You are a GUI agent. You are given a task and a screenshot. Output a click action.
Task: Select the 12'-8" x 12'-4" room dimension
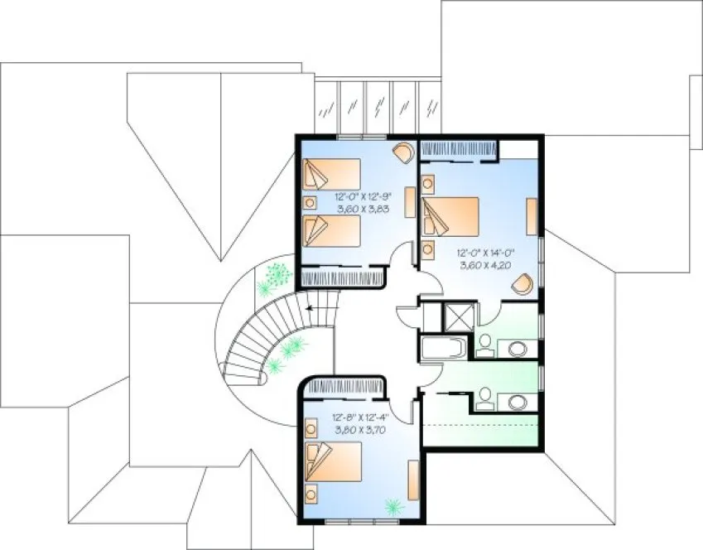tap(363, 419)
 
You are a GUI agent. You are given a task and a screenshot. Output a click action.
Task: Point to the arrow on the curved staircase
tap(310, 307)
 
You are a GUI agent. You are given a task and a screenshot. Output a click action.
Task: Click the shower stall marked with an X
tap(456, 317)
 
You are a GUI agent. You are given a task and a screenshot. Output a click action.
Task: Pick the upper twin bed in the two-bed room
tap(331, 175)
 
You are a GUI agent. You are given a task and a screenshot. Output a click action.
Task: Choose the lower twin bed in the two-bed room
tap(331, 231)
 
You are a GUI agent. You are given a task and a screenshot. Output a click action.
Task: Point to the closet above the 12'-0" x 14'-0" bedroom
tap(459, 149)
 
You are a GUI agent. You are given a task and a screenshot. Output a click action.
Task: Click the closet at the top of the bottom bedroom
tap(346, 386)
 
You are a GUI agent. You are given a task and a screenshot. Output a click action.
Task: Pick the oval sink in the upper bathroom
tap(516, 347)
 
